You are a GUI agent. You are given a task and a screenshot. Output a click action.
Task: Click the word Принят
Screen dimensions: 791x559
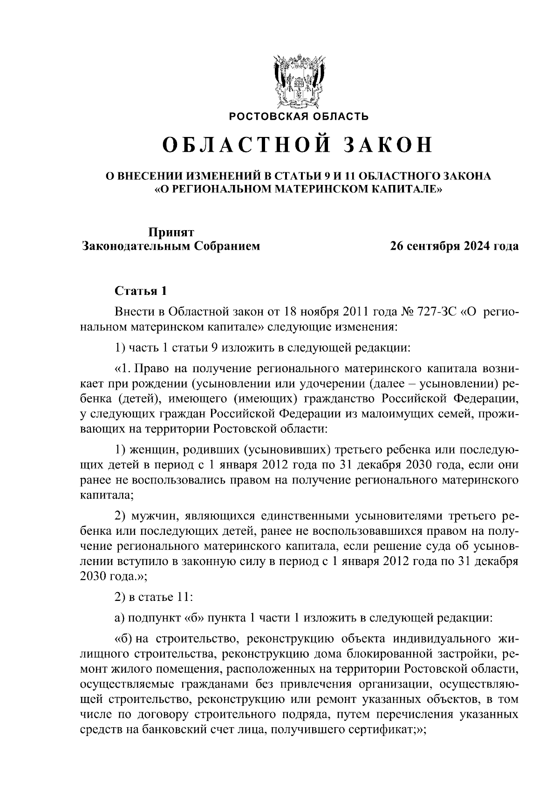click(x=171, y=232)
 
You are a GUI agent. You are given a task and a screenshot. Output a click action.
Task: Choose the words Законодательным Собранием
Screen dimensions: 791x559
click(x=171, y=246)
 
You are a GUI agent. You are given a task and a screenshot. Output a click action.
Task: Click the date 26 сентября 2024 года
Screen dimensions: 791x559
click(x=454, y=246)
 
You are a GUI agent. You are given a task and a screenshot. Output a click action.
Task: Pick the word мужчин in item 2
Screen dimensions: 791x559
click(x=154, y=516)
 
